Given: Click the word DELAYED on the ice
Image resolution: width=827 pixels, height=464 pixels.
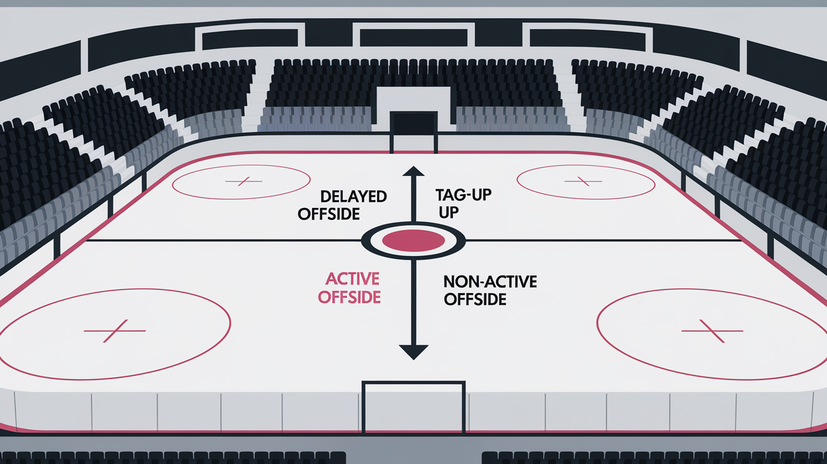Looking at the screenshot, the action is pyautogui.click(x=354, y=197).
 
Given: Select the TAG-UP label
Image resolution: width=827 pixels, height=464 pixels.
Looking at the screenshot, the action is pyautogui.click(x=464, y=195).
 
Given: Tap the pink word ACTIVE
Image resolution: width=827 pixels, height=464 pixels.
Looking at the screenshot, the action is pyautogui.click(x=352, y=279).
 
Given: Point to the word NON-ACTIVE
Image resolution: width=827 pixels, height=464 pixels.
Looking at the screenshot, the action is pyautogui.click(x=490, y=282).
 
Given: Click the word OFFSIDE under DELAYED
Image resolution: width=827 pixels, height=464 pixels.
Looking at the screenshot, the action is pyautogui.click(x=328, y=214).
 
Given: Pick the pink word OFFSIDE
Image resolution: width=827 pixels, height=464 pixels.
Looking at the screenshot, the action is pyautogui.click(x=349, y=297).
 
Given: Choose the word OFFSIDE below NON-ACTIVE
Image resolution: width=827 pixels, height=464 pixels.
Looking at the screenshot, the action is pyautogui.click(x=475, y=299).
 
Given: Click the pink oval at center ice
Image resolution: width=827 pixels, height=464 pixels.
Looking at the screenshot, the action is pyautogui.click(x=413, y=241).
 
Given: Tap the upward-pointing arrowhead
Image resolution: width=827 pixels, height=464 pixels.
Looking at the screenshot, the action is pyautogui.click(x=413, y=171).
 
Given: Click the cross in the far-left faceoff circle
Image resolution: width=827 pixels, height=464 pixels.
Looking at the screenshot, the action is pyautogui.click(x=243, y=181).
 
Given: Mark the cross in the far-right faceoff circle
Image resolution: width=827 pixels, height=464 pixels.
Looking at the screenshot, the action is pyautogui.click(x=583, y=181).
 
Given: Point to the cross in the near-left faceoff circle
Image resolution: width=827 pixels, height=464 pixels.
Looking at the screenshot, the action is pyautogui.click(x=115, y=331).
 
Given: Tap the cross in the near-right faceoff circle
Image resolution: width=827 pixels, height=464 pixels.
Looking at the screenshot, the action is pyautogui.click(x=712, y=331).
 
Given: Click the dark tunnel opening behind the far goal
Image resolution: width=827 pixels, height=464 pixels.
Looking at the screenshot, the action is pyautogui.click(x=413, y=123).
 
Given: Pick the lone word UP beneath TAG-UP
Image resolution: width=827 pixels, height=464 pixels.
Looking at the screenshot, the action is pyautogui.click(x=449, y=212).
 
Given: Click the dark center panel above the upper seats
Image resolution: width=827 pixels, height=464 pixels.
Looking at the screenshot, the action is pyautogui.click(x=413, y=38).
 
